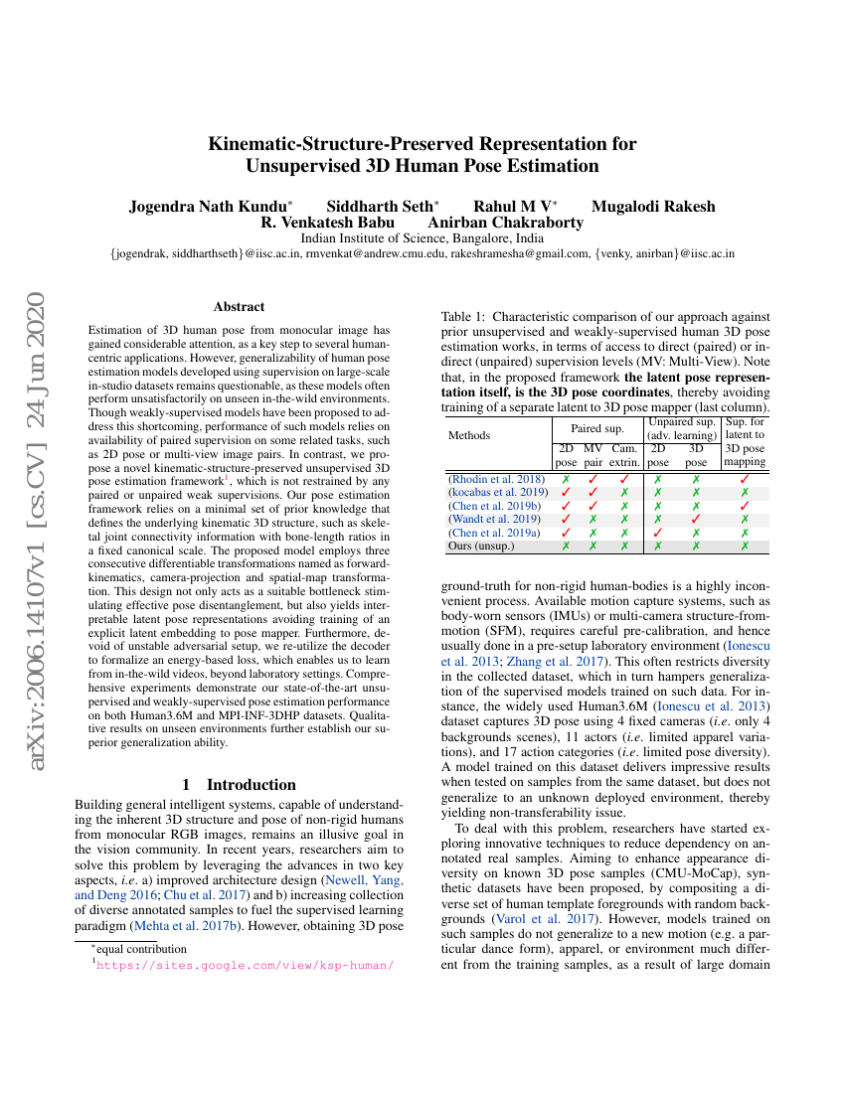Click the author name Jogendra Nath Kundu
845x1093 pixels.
click(209, 207)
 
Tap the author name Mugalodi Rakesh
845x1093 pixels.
click(652, 207)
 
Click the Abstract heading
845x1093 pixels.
click(239, 307)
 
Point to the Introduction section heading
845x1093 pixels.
click(239, 784)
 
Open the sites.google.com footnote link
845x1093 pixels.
click(246, 965)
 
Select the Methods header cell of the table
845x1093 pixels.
click(469, 435)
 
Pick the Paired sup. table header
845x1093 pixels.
click(596, 428)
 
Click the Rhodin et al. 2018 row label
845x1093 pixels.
click(496, 480)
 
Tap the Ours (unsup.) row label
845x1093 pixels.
click(481, 546)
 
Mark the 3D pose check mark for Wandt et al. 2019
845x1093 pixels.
click(696, 519)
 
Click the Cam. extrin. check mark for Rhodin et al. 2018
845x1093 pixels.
click(624, 480)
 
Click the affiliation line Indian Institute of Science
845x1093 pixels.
click(422, 238)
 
